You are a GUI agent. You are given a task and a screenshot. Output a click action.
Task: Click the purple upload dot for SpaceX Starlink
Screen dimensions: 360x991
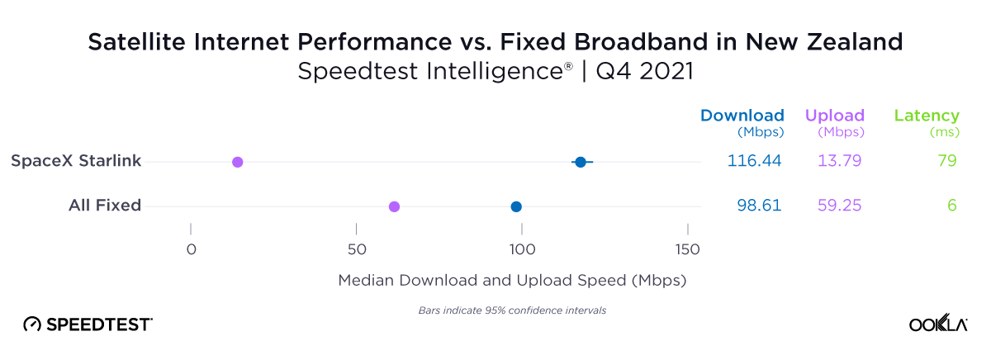pos(238,162)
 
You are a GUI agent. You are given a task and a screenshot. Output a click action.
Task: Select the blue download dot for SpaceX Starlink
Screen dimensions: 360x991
pos(581,162)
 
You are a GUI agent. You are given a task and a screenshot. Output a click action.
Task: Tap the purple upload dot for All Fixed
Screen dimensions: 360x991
pos(394,206)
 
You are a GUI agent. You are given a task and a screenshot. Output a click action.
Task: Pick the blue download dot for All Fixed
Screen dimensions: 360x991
pos(516,206)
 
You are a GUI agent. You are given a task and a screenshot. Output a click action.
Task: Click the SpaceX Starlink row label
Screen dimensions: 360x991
pos(76,161)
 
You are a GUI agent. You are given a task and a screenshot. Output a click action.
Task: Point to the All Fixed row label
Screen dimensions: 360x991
pos(105,206)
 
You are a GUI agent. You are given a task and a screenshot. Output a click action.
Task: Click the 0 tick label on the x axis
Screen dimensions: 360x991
pos(191,249)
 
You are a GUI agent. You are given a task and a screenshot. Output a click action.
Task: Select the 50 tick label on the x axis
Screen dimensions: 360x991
pos(356,249)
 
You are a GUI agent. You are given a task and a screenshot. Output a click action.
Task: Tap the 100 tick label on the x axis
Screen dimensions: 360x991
pos(521,249)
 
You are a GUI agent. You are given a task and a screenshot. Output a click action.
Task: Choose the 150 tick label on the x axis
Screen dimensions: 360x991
pos(687,249)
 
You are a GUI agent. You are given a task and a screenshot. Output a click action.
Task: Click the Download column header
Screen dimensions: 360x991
pos(742,116)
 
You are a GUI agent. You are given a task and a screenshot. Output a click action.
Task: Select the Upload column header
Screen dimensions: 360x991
pos(834,116)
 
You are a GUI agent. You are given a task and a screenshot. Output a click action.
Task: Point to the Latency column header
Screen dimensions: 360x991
pos(927,116)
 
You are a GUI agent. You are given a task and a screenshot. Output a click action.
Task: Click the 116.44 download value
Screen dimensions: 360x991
pos(754,161)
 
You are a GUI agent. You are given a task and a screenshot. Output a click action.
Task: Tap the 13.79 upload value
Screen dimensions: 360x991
pos(839,161)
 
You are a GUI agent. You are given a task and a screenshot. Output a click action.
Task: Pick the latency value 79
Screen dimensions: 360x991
pos(946,161)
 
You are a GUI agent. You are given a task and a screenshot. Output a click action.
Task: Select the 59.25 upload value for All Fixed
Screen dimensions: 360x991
pos(839,206)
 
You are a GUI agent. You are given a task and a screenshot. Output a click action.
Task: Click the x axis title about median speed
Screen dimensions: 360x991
pos(513,281)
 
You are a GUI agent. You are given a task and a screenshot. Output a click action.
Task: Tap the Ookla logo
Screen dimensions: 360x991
pos(938,324)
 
